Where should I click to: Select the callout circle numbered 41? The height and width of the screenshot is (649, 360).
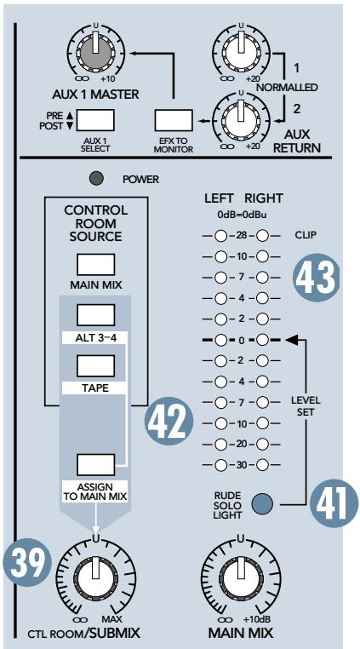(329, 503)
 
